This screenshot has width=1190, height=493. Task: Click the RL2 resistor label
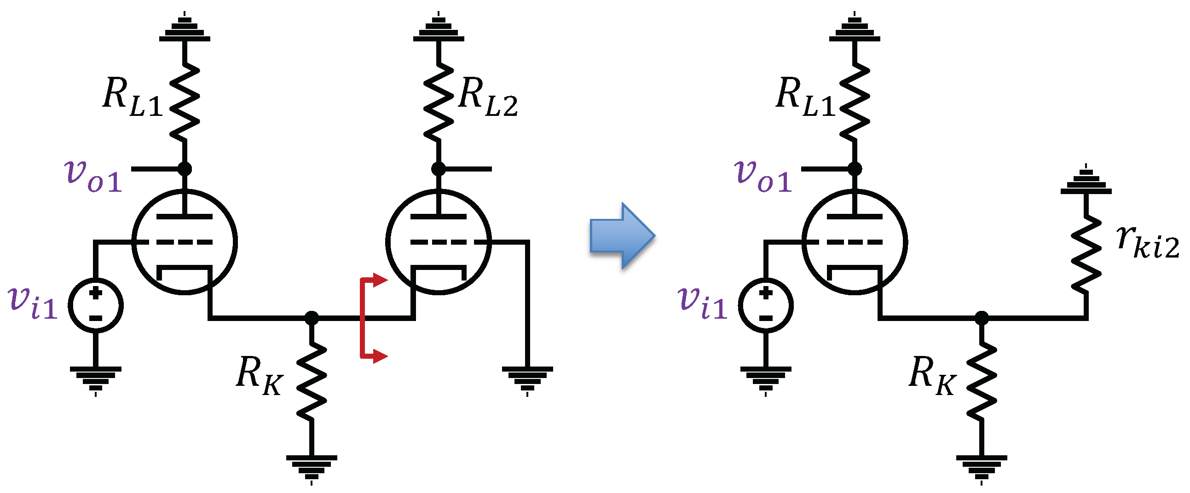point(488,97)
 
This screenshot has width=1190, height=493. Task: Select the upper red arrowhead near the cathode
point(380,280)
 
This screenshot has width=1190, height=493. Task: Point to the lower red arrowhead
point(380,356)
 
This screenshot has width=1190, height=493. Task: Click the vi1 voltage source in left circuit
point(96,305)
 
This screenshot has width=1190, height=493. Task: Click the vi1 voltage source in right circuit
point(765,305)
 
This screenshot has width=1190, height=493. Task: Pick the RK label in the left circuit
point(259,376)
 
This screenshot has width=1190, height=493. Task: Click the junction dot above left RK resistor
point(312,318)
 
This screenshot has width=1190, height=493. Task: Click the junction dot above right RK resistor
point(981,318)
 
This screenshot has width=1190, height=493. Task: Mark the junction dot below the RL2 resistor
point(439,169)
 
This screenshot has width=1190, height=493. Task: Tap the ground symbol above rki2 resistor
point(1086,182)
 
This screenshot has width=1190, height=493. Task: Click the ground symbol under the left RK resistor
point(312,466)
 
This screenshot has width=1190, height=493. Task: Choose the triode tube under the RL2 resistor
point(439,241)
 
